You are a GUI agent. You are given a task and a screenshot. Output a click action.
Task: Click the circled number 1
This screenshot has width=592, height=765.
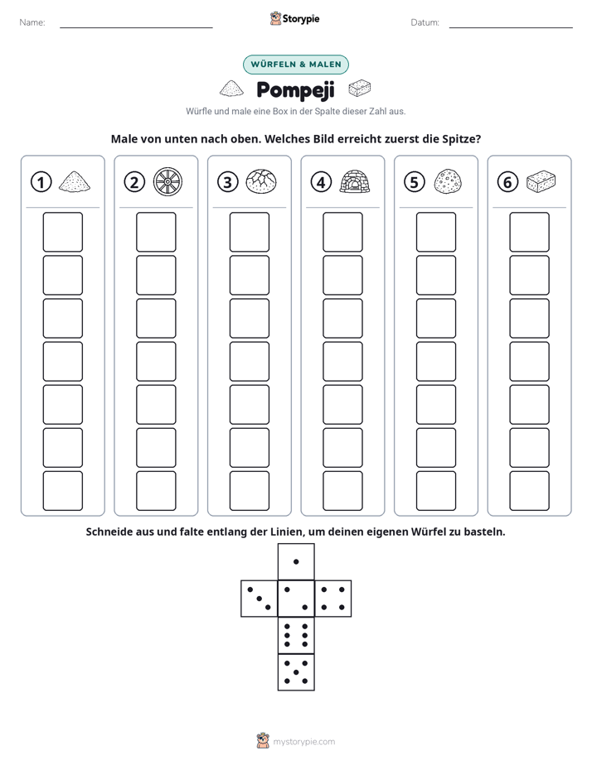pyautogui.click(x=41, y=182)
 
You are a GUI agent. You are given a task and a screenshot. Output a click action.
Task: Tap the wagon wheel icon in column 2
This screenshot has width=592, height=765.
pyautogui.click(x=167, y=182)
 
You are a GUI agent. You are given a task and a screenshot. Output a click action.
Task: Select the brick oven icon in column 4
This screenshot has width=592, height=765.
pyautogui.click(x=355, y=181)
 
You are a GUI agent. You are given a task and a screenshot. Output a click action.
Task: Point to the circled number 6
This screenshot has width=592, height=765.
pyautogui.click(x=507, y=182)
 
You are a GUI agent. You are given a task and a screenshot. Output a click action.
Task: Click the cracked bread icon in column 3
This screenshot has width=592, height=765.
pyautogui.click(x=261, y=181)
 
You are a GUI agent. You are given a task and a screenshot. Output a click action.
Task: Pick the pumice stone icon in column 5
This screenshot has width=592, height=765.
pyautogui.click(x=448, y=181)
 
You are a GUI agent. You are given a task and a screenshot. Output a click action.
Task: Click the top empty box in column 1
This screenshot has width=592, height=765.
pyautogui.click(x=62, y=232)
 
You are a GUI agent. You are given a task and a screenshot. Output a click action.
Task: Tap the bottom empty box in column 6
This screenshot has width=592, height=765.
pyautogui.click(x=530, y=491)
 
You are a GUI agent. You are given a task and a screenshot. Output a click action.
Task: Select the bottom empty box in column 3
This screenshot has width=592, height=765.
pyautogui.click(x=250, y=491)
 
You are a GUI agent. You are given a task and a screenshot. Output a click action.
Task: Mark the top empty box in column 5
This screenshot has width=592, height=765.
pyautogui.click(x=436, y=232)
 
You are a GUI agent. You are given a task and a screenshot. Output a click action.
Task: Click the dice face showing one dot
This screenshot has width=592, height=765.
pyautogui.click(x=296, y=562)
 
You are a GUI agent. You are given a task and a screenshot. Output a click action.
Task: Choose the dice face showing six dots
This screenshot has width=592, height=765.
pyautogui.click(x=296, y=635)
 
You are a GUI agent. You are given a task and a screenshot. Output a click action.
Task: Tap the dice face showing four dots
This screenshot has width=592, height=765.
pyautogui.click(x=333, y=599)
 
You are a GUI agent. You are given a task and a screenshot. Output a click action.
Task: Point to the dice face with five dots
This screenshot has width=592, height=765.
pyautogui.click(x=296, y=672)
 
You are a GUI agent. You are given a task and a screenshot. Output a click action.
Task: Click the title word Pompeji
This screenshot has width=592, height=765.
pyautogui.click(x=295, y=90)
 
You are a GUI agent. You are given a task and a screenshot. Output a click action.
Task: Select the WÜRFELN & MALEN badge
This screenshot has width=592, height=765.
pyautogui.click(x=296, y=65)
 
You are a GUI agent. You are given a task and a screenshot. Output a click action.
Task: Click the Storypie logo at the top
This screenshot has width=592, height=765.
pyautogui.click(x=294, y=19)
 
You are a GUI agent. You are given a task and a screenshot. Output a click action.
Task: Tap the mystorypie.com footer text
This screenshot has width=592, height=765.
pyautogui.click(x=303, y=742)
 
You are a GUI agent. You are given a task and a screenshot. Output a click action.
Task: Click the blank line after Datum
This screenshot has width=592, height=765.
pyautogui.click(x=511, y=27)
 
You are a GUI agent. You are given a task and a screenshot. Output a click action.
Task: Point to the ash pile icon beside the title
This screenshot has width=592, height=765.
pyautogui.click(x=231, y=89)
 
